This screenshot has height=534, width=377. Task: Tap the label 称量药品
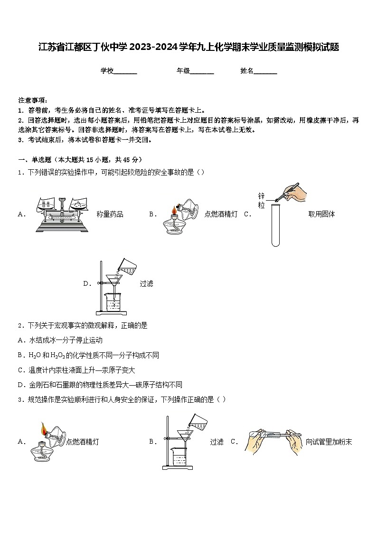(110, 214)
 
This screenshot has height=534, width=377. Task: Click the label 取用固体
(321, 214)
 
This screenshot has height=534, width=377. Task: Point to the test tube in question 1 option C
(275, 223)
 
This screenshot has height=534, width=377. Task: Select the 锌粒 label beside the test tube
(261, 201)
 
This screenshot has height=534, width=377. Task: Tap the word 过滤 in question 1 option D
(146, 284)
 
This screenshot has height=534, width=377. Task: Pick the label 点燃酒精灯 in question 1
(221, 214)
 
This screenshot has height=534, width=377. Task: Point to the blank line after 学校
(125, 71)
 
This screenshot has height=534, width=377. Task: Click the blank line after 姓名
(265, 71)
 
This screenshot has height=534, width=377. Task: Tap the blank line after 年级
(202, 71)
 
